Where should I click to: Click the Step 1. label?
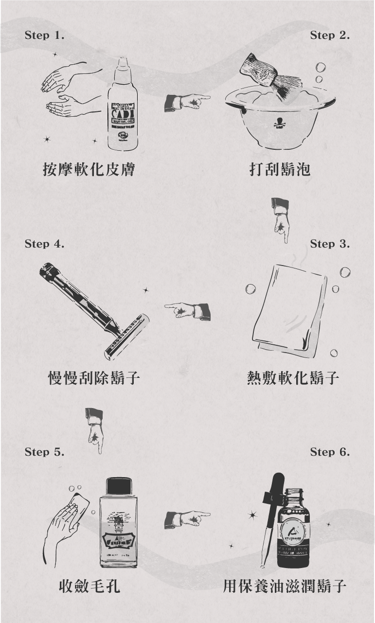pos(44,36)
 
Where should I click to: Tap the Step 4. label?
pos(44,244)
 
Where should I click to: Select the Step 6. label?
pos(330,452)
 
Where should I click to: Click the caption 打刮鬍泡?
pos(280,169)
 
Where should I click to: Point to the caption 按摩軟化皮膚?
pos(89,169)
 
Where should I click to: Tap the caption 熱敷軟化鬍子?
pos(293,377)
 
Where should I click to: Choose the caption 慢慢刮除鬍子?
pos(94,377)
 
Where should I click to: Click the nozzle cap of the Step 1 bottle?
pos(122,68)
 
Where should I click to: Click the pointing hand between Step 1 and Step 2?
pos(187,102)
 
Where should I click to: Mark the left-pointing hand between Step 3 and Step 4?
pos(187,310)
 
